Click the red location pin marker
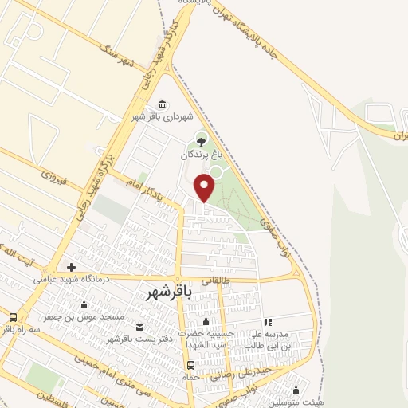click(x=205, y=186)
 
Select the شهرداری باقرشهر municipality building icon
click(x=163, y=105)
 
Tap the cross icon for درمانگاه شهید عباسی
click(x=72, y=266)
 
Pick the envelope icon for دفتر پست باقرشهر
click(x=140, y=327)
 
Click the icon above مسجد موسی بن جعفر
click(x=84, y=304)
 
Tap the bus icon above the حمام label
click(x=190, y=366)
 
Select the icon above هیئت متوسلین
click(x=296, y=390)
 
